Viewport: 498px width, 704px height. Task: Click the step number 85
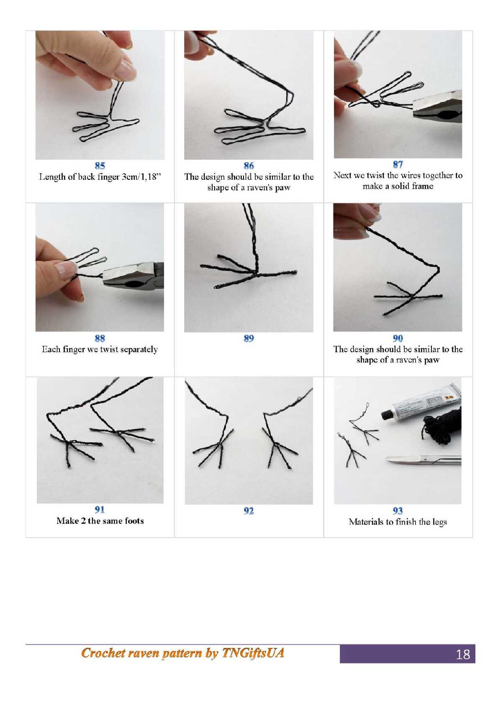[x=100, y=166]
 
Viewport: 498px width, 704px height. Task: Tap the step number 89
[x=249, y=338]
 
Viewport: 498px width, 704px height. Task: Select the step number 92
[x=249, y=511]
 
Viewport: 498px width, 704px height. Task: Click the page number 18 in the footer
[x=462, y=654]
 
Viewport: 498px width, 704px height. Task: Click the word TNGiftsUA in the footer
[x=253, y=653]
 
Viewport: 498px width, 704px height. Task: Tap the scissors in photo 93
[x=424, y=460]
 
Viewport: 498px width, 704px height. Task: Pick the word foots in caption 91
[x=134, y=521]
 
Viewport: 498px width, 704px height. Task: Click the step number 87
[x=398, y=164]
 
